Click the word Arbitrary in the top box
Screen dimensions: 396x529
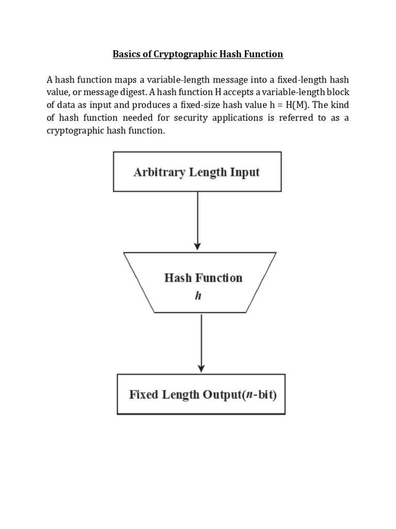(x=155, y=172)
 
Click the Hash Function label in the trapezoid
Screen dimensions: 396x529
(x=203, y=278)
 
